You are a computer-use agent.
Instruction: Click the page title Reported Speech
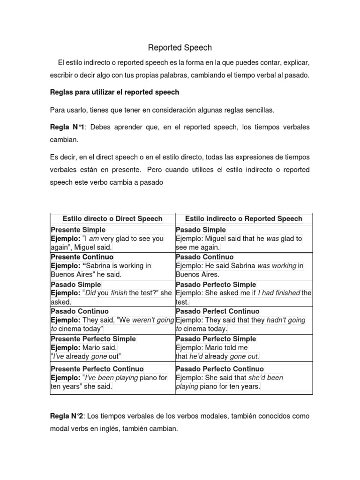(x=180, y=48)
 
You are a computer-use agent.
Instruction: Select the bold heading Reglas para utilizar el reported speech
(x=114, y=92)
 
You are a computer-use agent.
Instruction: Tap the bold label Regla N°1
(x=64, y=127)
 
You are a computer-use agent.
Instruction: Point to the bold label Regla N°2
(x=64, y=416)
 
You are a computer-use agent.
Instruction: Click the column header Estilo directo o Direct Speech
(x=112, y=219)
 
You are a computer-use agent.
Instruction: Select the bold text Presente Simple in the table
(x=78, y=230)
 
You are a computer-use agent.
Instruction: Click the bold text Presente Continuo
(x=82, y=257)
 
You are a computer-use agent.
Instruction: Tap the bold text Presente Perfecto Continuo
(x=97, y=369)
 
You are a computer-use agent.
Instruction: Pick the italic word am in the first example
(x=94, y=239)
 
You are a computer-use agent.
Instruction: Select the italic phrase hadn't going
(x=286, y=320)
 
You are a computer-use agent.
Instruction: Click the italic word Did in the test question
(x=90, y=293)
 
